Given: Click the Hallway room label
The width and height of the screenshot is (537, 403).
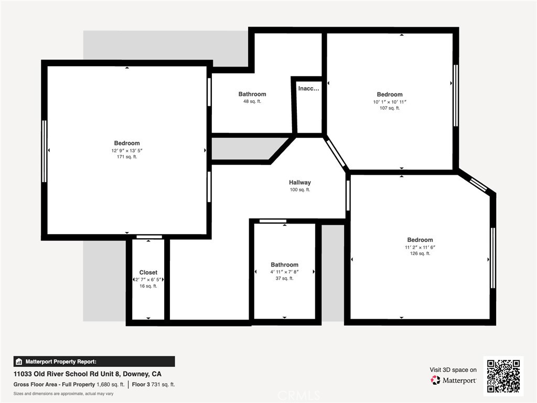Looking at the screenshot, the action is tap(299, 183).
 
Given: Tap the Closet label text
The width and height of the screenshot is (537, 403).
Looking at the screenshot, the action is tap(148, 272).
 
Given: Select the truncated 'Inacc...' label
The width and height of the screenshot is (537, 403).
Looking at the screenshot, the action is tap(308, 88).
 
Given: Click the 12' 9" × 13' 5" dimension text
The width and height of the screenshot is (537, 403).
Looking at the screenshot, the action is tap(127, 151).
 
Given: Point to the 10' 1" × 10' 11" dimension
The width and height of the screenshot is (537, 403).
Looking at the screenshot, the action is tap(390, 102).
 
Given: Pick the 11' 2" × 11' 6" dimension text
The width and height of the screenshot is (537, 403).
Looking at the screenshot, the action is tap(420, 247).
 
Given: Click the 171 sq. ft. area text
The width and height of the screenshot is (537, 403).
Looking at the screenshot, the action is tap(127, 157).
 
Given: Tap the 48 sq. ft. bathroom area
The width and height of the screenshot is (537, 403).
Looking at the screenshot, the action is tap(252, 101).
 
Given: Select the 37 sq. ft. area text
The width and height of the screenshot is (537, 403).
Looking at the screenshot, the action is tap(285, 278).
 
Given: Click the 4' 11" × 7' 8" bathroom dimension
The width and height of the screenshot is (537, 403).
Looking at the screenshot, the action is tap(285, 272).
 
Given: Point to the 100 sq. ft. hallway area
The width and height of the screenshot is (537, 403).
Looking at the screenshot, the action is tap(300, 189).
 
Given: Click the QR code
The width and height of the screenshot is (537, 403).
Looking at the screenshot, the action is tap(503, 376).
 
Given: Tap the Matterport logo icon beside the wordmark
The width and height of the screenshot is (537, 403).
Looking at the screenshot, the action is tap(435, 380).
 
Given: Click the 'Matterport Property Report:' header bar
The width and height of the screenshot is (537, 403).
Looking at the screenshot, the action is tap(94, 362).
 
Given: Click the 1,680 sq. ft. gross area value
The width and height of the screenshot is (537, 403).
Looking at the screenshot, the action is tap(111, 385).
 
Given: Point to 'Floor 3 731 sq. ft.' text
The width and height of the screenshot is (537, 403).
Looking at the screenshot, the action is tap(154, 385).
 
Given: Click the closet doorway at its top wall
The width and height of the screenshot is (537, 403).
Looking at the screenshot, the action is tap(149, 237).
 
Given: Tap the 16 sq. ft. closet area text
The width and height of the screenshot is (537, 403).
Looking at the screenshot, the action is tap(148, 286).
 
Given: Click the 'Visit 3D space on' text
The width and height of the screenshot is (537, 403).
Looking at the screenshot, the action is tap(453, 370).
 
